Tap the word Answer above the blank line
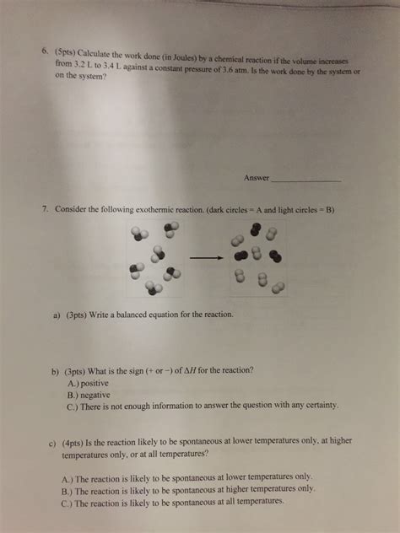click(255, 178)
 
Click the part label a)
click(58, 315)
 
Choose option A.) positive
click(94, 382)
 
